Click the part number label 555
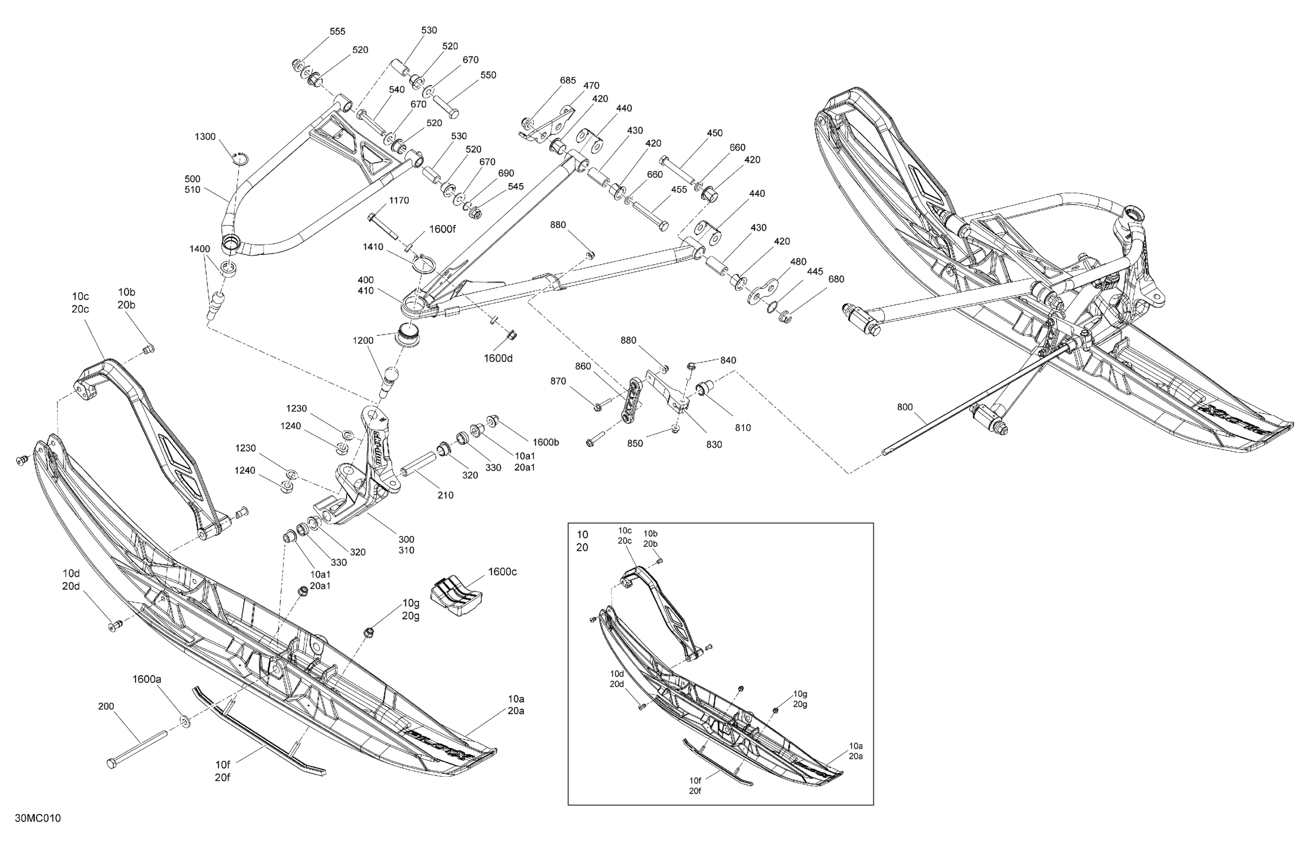pos(337,32)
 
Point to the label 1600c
pos(502,572)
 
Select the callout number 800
pos(905,407)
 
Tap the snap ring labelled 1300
pos(240,158)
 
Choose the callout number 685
pos(567,80)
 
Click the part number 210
pos(445,495)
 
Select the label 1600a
pos(147,679)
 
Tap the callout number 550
pos(488,75)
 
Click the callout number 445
pos(815,272)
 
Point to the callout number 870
pos(558,381)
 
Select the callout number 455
pos(678,189)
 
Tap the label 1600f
pos(442,229)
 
